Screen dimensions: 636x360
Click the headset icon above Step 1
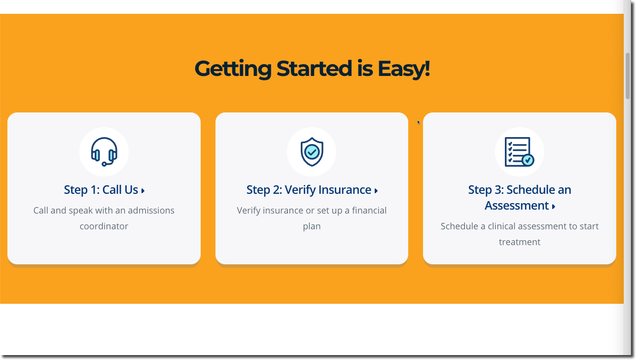pyautogui.click(x=104, y=151)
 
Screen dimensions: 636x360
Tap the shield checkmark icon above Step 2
pyautogui.click(x=312, y=151)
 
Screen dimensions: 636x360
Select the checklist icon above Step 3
pyautogui.click(x=519, y=151)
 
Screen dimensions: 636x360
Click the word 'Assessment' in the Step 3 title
pyautogui.click(x=517, y=205)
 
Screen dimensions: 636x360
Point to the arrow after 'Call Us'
pyautogui.click(x=143, y=190)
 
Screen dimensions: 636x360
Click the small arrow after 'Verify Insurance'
pyautogui.click(x=376, y=190)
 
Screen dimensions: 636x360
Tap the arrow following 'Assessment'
pyautogui.click(x=554, y=207)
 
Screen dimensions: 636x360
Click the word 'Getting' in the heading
pyautogui.click(x=233, y=69)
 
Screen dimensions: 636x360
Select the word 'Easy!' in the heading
pyautogui.click(x=403, y=69)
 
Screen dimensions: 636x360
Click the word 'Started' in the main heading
pyautogui.click(x=314, y=69)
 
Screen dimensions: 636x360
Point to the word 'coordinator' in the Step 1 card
pyautogui.click(x=104, y=226)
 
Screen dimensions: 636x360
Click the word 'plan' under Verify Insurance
pyautogui.click(x=312, y=227)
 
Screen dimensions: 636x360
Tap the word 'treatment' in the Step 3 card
pyautogui.click(x=520, y=242)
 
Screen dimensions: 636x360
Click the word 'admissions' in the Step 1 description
pyautogui.click(x=150, y=211)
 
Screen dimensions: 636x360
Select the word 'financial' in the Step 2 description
pyautogui.click(x=369, y=211)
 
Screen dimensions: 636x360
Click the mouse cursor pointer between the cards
pyautogui.click(x=419, y=122)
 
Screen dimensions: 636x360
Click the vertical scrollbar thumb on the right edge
pyautogui.click(x=627, y=76)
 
